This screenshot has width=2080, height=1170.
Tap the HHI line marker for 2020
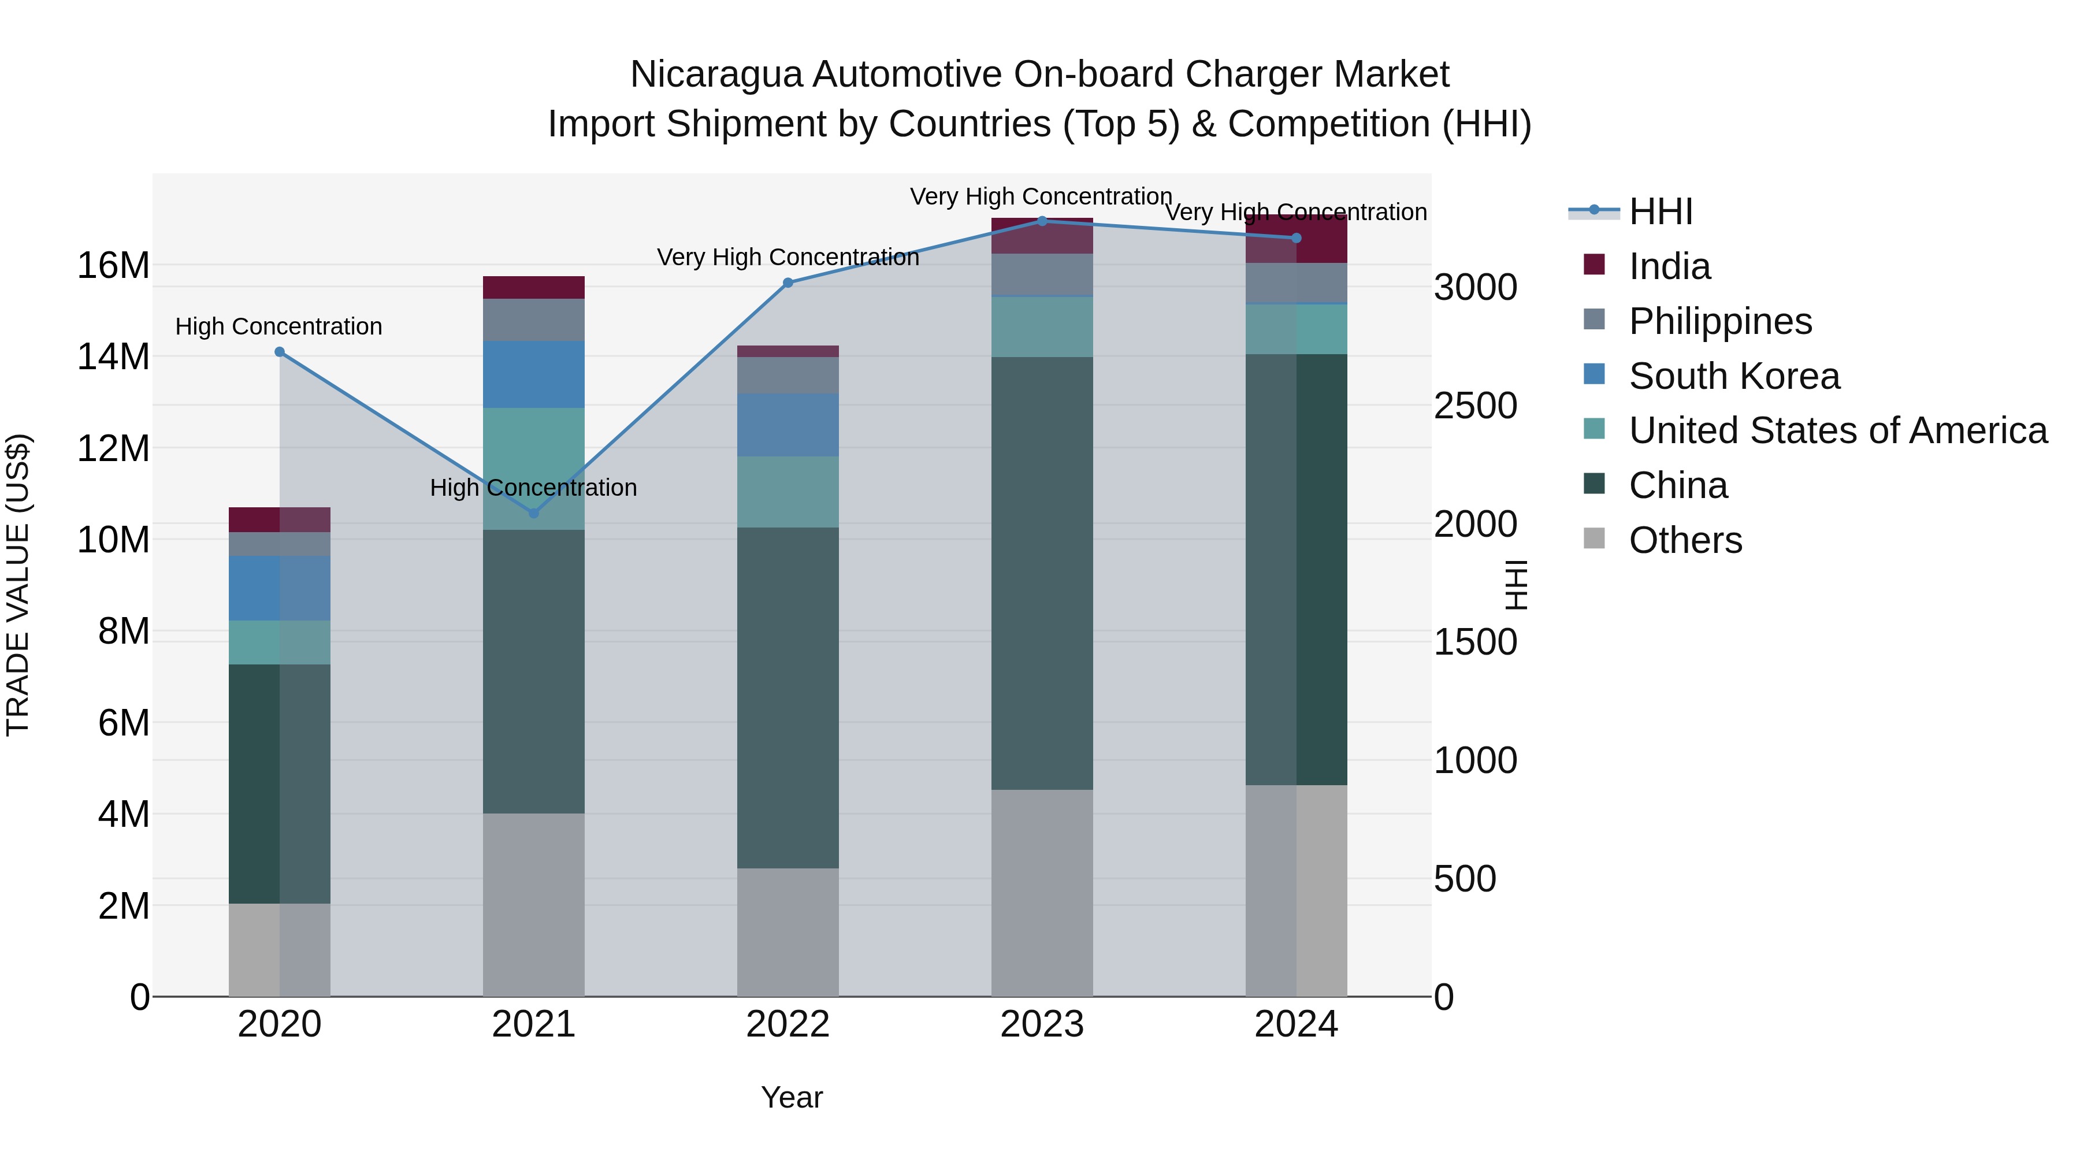tap(280, 352)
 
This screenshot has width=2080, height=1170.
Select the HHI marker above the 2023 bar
tap(1042, 221)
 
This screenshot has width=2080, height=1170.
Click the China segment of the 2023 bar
tap(1042, 573)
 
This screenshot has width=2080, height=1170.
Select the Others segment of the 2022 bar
tap(788, 933)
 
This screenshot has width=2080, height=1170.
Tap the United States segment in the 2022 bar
tap(788, 492)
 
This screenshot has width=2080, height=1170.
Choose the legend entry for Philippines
tap(1720, 321)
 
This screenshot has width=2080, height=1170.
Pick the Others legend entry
tap(1685, 540)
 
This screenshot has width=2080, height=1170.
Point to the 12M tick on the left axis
tap(113, 448)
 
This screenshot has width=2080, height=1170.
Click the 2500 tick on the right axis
tap(1474, 406)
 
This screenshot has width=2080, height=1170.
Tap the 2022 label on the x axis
tap(788, 1024)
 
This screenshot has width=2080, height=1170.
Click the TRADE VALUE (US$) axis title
tap(18, 585)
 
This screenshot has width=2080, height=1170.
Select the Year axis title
tap(792, 1097)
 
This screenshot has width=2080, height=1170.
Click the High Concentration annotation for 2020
tap(278, 326)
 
